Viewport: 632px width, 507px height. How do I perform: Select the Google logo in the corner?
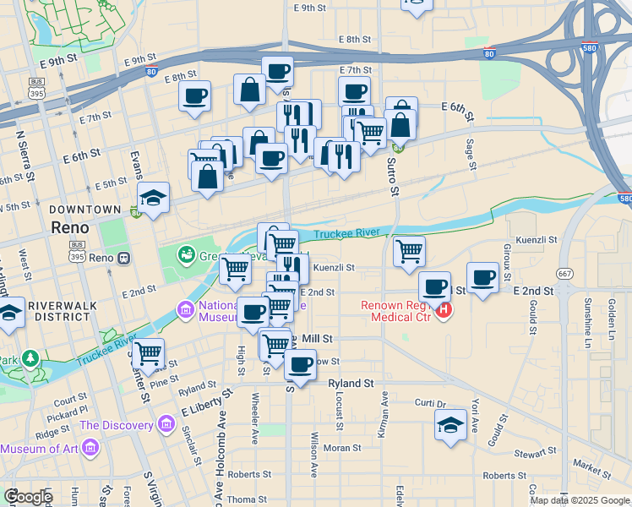28,497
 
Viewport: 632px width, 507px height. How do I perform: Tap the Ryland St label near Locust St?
351,383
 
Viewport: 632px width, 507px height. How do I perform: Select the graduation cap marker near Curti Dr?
451,425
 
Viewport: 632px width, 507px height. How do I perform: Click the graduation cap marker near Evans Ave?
153,199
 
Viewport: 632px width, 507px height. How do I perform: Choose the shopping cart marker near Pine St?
148,353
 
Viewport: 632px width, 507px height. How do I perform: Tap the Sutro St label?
393,177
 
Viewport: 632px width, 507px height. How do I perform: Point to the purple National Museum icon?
183,310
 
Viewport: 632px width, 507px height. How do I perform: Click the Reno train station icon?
124,257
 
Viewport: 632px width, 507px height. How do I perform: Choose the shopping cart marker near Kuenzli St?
409,251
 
